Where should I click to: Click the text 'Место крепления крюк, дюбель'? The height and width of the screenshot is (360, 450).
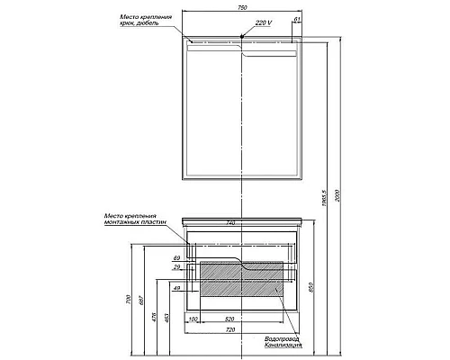[140, 21]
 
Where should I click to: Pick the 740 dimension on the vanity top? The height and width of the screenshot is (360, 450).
[232, 221]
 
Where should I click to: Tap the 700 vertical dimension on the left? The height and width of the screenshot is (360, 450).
[129, 299]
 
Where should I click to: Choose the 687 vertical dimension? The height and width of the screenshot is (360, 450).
[142, 300]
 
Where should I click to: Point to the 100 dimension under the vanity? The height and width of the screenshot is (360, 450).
[193, 319]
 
